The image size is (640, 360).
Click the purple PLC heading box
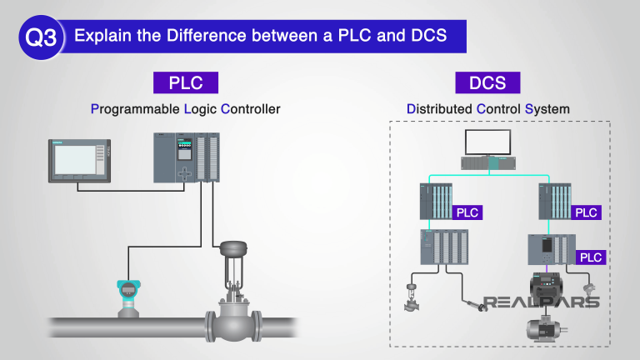point(186,82)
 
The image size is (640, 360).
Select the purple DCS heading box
point(487,82)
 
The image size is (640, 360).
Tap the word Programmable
point(132,109)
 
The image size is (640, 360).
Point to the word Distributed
point(438,109)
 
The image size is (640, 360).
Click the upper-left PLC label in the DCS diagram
point(467,212)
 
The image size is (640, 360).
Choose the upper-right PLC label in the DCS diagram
point(586,212)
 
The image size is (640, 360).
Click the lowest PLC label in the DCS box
point(591,257)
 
